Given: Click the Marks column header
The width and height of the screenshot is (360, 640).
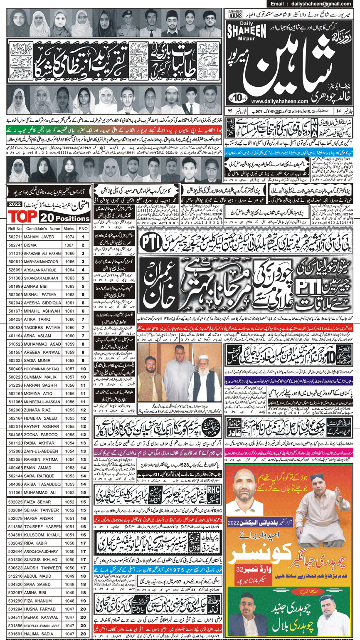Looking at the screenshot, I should (x=69, y=229).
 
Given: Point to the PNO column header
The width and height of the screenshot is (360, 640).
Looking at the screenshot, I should (x=83, y=229).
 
